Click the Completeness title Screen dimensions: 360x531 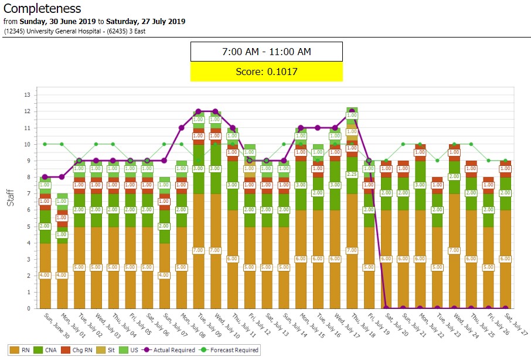point(42,9)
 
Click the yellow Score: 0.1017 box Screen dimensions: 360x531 point(266,72)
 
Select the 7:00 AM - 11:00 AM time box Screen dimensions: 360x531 point(266,52)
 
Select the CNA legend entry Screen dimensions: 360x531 point(49,350)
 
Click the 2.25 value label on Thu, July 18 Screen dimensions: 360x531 point(352,174)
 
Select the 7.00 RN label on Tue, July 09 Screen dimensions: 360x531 point(198,250)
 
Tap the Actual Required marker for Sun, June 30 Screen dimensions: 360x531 point(45,177)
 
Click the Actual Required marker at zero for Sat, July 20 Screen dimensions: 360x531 point(386,308)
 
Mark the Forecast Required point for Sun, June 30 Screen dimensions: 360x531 point(45,144)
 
